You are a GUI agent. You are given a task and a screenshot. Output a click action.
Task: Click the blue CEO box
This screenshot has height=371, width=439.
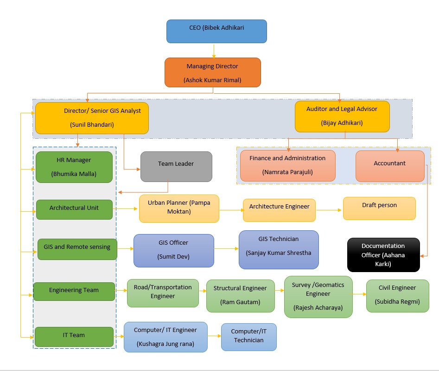coord(216,31)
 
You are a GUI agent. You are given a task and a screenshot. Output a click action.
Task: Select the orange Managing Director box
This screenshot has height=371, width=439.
coord(212,72)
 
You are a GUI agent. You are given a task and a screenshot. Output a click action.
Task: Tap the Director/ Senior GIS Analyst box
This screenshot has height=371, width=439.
coord(92,118)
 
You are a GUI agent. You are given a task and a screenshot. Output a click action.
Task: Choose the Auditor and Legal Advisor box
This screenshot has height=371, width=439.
coord(342,116)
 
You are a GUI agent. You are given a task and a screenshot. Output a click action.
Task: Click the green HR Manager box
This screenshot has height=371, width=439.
coord(74,167)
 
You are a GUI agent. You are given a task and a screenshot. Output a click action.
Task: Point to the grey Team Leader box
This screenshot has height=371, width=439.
coord(176,166)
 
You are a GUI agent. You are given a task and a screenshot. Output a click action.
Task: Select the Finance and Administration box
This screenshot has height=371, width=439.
coord(287,165)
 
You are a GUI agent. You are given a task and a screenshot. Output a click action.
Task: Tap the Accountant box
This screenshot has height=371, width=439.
coord(389,166)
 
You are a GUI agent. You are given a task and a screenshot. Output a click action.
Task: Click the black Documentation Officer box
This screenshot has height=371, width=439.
coord(383,255)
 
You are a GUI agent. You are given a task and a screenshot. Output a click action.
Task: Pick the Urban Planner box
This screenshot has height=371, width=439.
coord(179,208)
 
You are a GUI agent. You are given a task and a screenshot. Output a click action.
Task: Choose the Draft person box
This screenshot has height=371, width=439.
coord(379,208)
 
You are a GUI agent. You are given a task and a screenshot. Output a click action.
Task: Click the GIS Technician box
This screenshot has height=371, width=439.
coord(279,249)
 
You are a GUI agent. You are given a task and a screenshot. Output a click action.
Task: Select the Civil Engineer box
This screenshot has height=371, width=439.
coord(397,295)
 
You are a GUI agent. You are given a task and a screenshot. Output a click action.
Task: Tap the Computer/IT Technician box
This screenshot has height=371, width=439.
coord(248,337)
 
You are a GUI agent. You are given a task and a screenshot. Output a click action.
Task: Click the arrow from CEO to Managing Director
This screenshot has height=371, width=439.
coord(214,51)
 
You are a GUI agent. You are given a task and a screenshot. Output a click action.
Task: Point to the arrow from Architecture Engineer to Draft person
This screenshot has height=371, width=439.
coord(329,210)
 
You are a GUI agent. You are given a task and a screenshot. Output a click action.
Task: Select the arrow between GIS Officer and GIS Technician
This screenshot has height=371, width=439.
coord(226,249)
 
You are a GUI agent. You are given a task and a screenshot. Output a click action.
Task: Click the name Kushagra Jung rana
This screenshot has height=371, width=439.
coord(165,344)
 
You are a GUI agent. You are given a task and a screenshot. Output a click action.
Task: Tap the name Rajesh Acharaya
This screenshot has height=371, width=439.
coord(318,307)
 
